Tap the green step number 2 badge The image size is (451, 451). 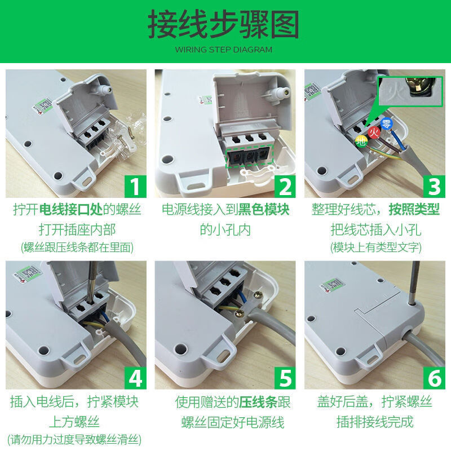[x=285, y=186]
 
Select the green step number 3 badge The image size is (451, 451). [x=435, y=186]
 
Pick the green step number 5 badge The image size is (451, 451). [x=285, y=378]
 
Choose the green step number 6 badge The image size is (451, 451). [x=435, y=378]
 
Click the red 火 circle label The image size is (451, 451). [x=374, y=132]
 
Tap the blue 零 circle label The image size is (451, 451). [x=387, y=124]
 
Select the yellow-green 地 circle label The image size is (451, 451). [x=360, y=142]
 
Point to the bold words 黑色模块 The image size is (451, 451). [x=265, y=210]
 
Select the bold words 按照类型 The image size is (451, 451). [x=414, y=210]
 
